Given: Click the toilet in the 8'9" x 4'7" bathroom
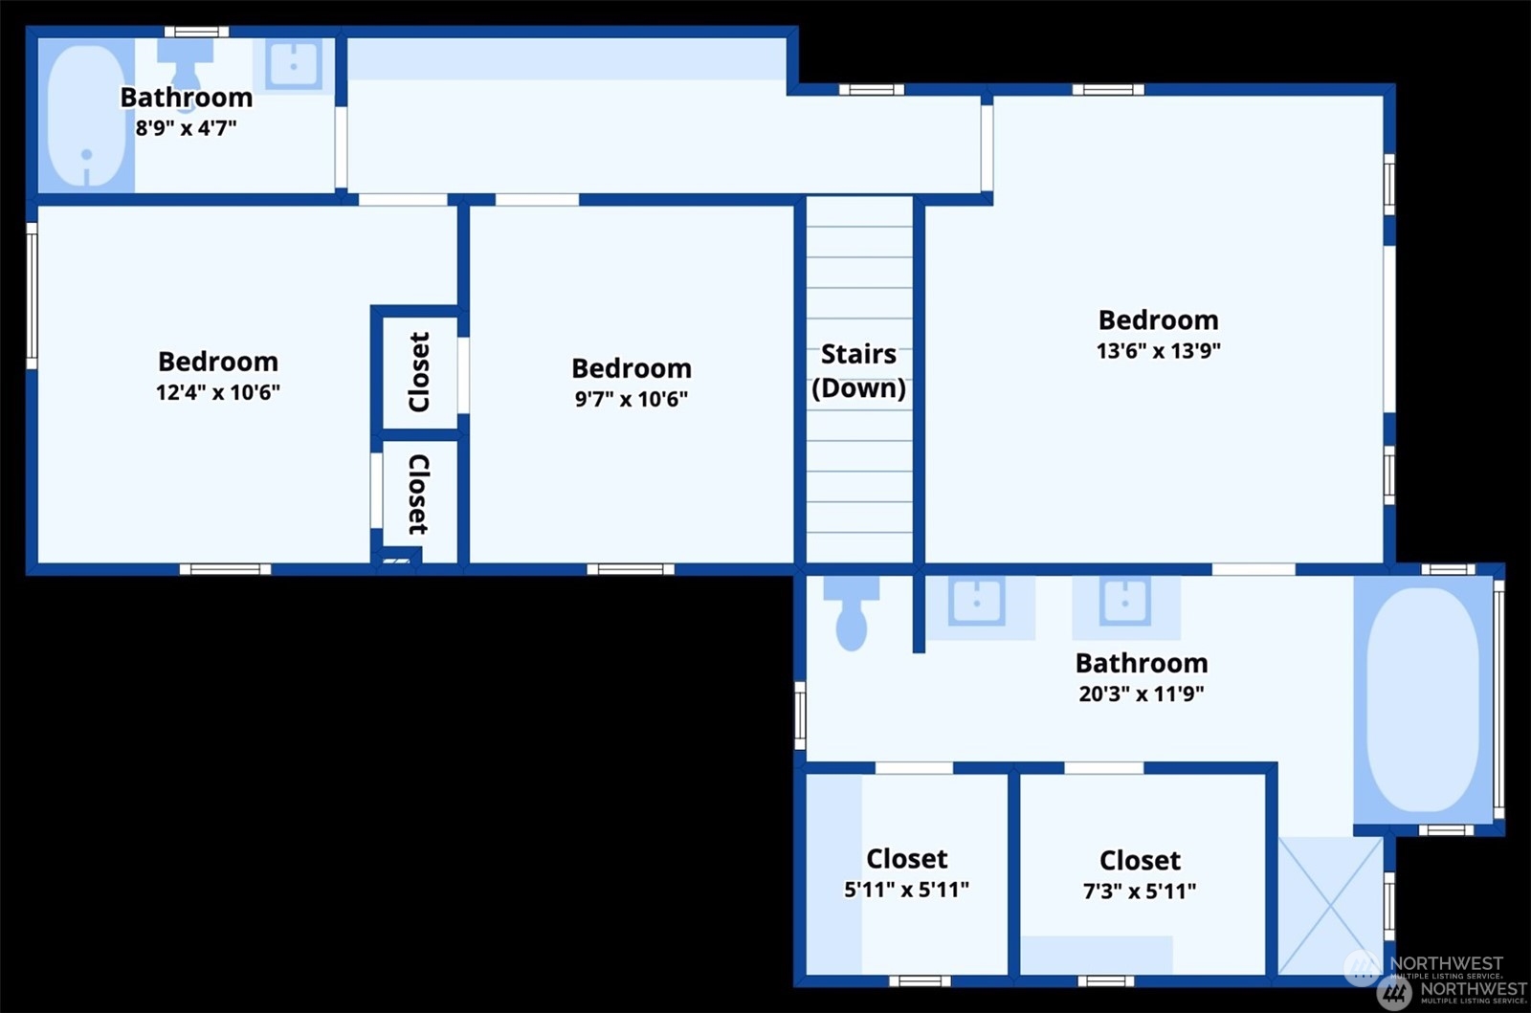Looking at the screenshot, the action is (186, 68).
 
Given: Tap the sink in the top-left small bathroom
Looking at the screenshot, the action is (293, 66).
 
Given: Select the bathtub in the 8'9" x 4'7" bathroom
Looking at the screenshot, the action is (86, 116).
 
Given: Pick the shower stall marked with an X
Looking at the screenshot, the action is (1330, 906).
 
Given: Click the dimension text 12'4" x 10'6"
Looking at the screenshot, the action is (218, 392).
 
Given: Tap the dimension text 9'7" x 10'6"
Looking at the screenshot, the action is (631, 398).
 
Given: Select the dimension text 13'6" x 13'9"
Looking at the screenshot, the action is (1159, 350).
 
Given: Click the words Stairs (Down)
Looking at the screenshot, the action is (858, 371).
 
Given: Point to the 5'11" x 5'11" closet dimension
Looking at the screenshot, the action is (906, 890).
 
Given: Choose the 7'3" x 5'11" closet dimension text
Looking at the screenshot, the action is (1140, 891).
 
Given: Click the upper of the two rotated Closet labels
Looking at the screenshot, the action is (418, 372).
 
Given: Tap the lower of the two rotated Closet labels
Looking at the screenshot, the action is (418, 495).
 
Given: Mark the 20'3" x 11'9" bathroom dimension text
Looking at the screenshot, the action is (1142, 694).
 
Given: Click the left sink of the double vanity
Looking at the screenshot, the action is (976, 601).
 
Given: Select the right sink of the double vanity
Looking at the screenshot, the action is (1124, 601).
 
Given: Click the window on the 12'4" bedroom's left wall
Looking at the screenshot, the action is (32, 296).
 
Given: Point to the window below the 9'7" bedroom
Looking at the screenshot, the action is (631, 569).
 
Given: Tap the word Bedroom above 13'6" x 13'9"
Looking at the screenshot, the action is (1159, 320).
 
